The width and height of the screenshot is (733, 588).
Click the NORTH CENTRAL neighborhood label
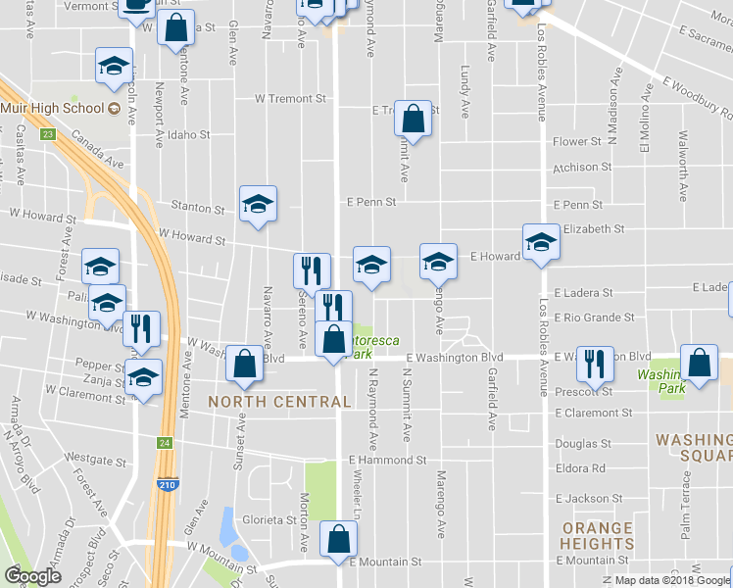[279, 402]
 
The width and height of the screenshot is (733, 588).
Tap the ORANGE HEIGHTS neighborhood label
[598, 535]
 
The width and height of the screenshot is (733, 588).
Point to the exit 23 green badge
[46, 135]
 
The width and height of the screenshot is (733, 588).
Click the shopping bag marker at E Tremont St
[413, 120]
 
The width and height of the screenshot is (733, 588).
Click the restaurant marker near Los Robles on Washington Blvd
[594, 364]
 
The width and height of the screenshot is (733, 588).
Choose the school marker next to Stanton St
[259, 204]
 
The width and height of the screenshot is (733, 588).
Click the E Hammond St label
[387, 460]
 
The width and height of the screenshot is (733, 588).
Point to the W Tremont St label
[290, 99]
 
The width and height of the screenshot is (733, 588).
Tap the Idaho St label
[190, 134]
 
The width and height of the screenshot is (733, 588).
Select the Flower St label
[576, 141]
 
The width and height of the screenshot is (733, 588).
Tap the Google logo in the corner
[33, 576]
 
